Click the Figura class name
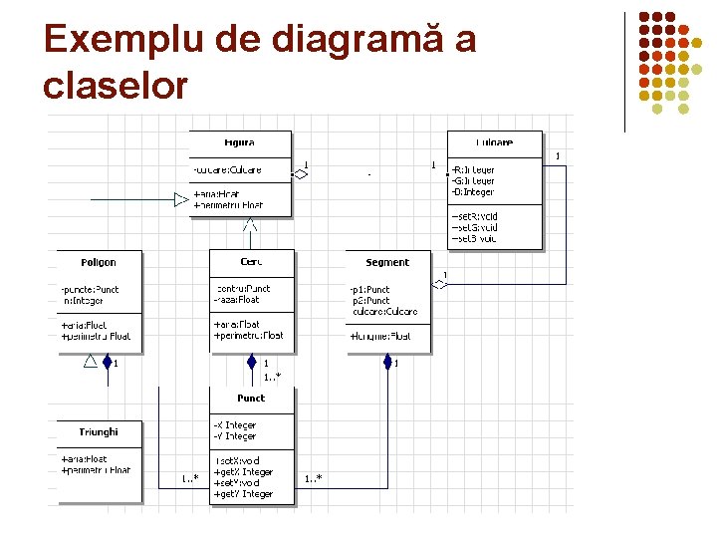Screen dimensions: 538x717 point(239,142)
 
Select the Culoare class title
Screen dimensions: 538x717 point(494,142)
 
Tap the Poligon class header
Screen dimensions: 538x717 point(99,263)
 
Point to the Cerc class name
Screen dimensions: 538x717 point(252,262)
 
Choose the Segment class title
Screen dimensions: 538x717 point(387,263)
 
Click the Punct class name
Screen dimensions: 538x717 point(251,398)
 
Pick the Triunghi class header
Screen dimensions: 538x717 point(99,431)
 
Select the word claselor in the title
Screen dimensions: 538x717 point(116,86)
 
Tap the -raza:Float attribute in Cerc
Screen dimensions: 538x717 point(237,300)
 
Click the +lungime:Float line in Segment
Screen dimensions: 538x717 point(379,337)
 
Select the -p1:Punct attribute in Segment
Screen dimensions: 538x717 point(370,289)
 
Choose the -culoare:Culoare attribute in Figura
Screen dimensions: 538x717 point(228,170)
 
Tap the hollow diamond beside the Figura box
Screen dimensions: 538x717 point(300,173)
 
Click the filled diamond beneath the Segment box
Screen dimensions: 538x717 point(387,361)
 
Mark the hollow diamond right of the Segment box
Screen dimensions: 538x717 point(440,284)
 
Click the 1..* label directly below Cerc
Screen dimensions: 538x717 point(271,377)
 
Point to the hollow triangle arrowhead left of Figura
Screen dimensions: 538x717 point(181,200)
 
